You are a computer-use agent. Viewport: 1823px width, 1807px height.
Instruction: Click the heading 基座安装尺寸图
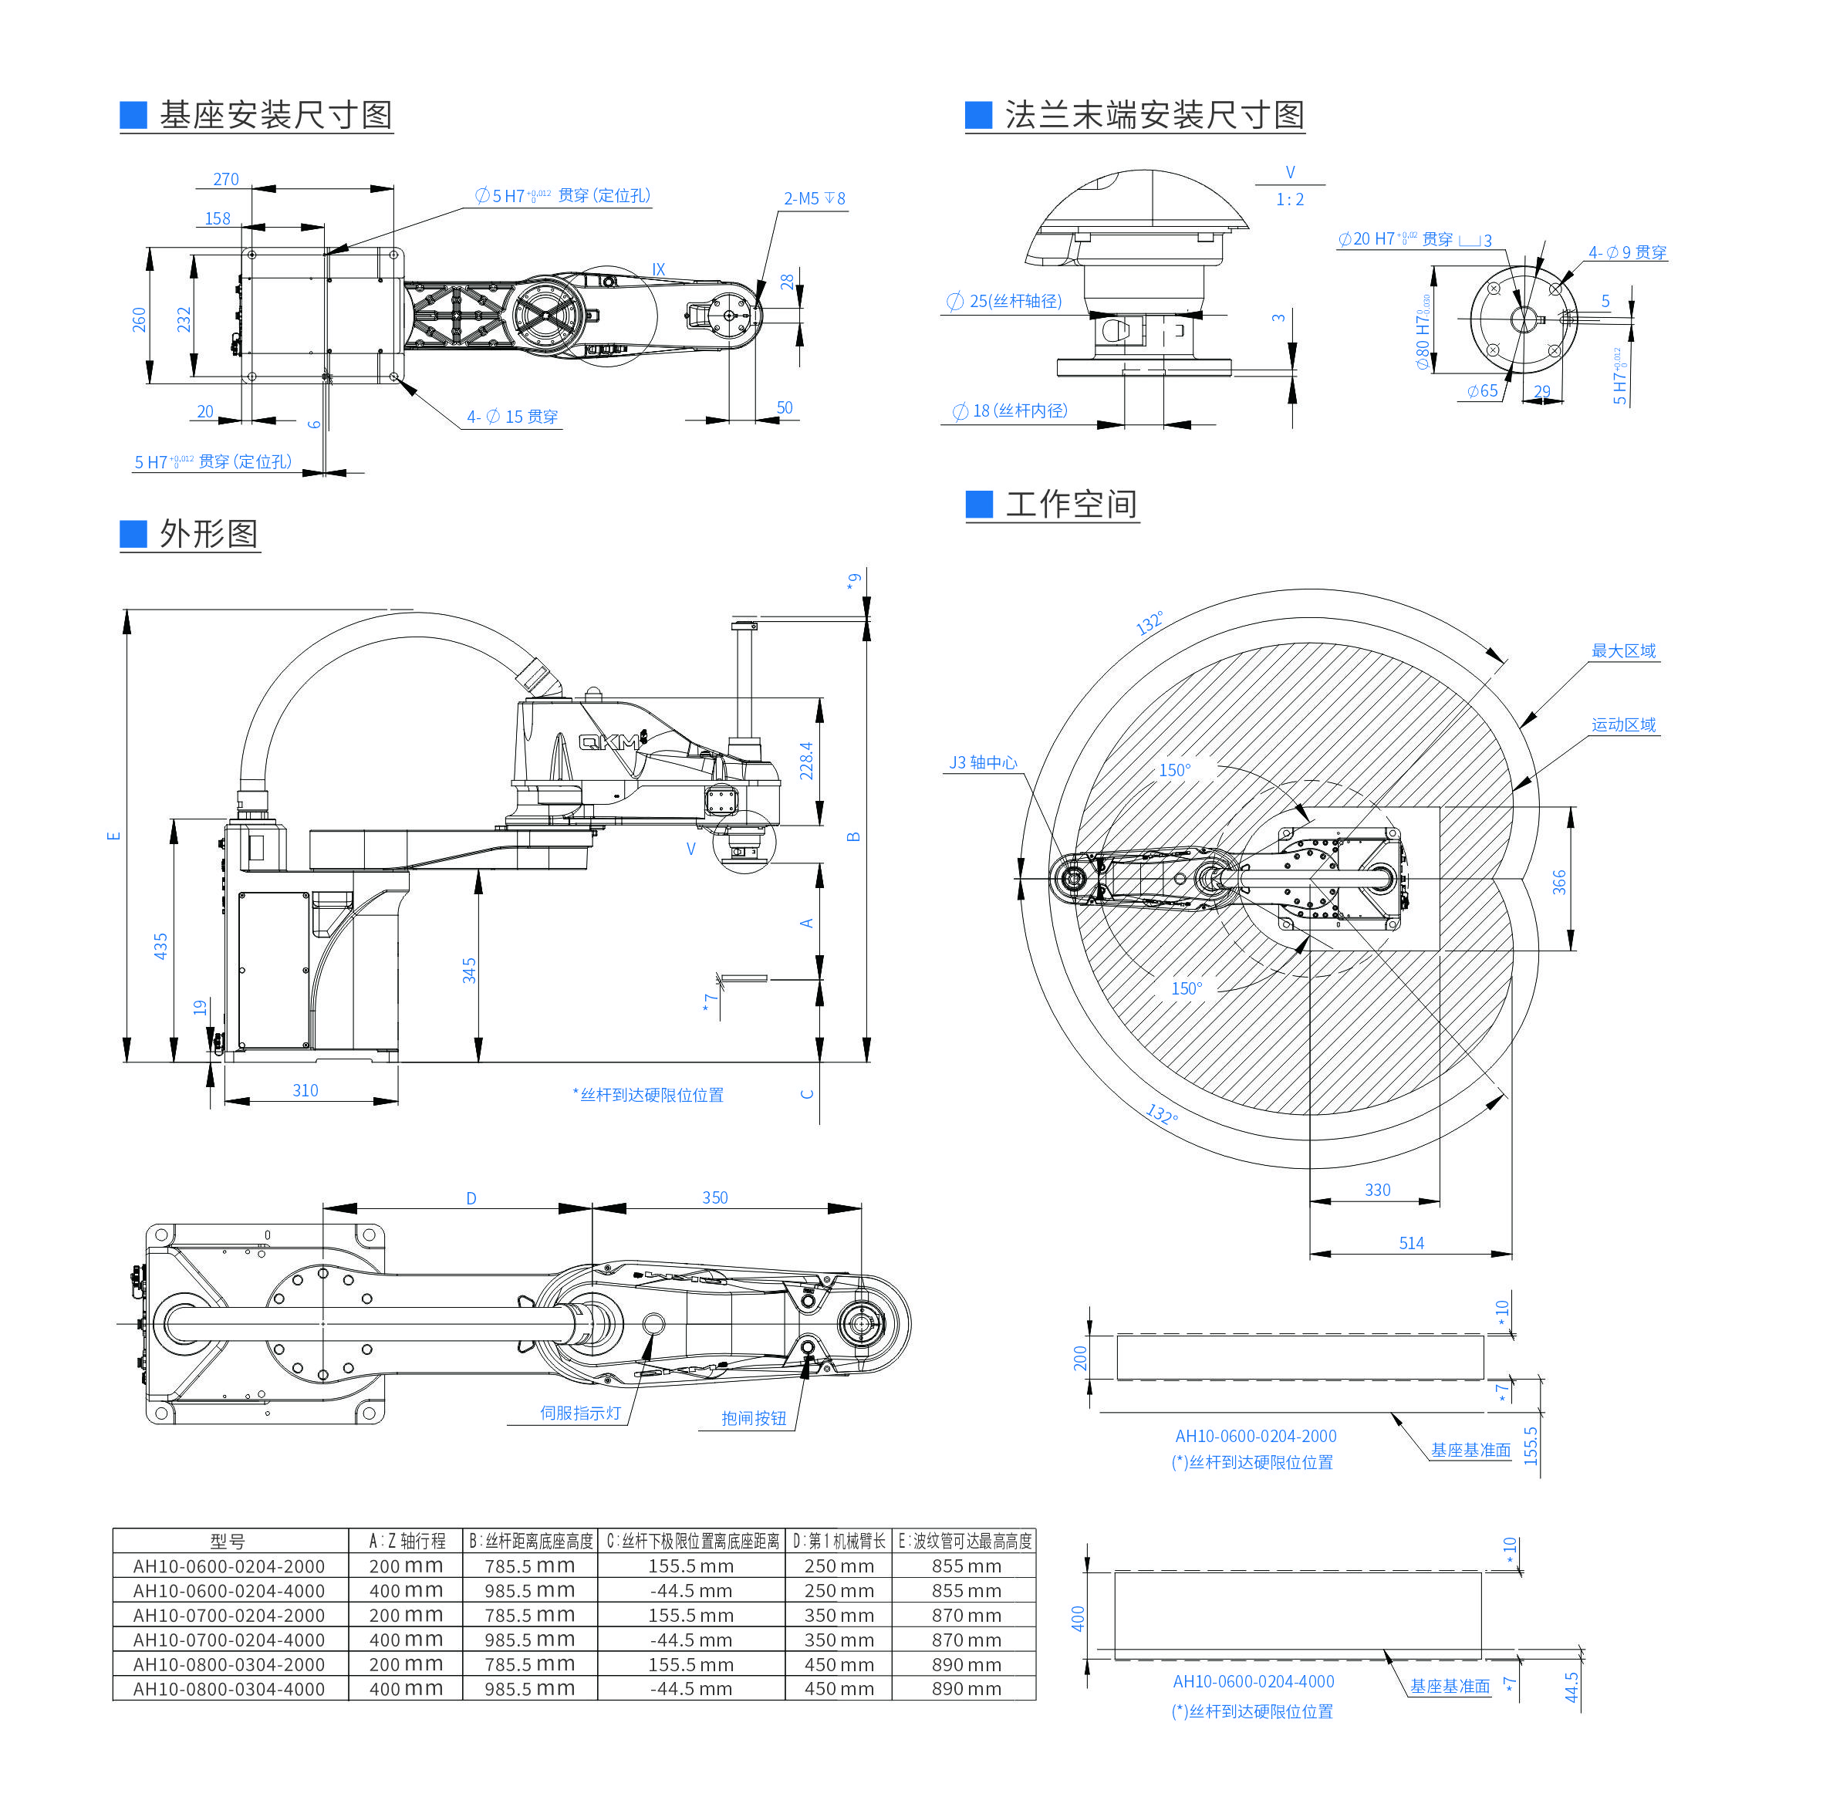click(x=275, y=115)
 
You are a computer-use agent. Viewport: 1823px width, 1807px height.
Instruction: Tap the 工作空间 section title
click(x=1070, y=504)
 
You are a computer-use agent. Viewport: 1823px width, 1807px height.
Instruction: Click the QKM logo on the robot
click(x=609, y=741)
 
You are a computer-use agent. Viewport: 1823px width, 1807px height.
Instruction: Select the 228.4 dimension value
click(x=807, y=761)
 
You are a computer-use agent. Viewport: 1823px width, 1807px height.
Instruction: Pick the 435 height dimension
click(x=160, y=947)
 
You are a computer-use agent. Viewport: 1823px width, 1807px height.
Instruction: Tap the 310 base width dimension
click(x=305, y=1090)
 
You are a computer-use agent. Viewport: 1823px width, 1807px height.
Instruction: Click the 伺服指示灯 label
click(x=580, y=1413)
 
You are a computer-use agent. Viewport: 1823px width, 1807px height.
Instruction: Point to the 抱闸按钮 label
click(x=753, y=1418)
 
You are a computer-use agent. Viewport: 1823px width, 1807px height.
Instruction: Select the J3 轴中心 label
click(x=982, y=762)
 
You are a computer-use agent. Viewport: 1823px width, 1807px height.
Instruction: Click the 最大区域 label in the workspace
click(x=1623, y=650)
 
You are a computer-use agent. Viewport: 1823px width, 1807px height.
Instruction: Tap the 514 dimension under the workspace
click(x=1411, y=1243)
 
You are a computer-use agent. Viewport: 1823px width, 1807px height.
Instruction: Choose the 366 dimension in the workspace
click(x=1559, y=882)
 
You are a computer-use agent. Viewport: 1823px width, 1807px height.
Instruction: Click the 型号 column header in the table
click(x=228, y=1541)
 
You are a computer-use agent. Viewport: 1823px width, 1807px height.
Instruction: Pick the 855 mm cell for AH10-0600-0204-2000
click(x=965, y=1566)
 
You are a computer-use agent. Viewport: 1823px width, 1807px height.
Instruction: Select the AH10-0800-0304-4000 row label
click(x=228, y=1689)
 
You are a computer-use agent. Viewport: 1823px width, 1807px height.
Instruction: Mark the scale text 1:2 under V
click(x=1289, y=199)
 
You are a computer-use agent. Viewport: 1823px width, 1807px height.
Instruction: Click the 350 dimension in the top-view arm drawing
click(x=714, y=1197)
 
